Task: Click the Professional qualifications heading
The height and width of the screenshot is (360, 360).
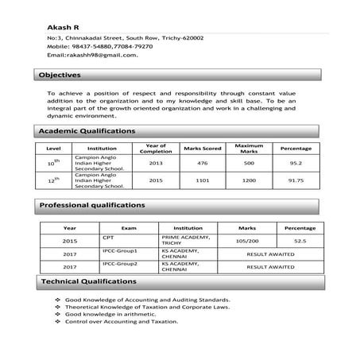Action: coord(92,205)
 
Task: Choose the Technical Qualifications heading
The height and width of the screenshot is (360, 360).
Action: coord(88,282)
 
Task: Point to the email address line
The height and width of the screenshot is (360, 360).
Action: coord(92,55)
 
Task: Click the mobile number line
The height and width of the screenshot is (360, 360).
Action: coord(100,46)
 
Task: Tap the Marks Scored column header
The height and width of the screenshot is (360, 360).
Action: coord(202,149)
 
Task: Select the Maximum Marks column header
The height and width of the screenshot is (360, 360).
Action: coord(249,149)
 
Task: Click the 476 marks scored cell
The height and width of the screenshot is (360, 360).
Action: coord(202,163)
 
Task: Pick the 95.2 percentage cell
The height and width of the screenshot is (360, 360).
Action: coord(296,163)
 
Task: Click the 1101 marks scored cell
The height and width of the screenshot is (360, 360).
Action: coord(202,180)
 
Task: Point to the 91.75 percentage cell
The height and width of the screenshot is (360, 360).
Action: coord(296,180)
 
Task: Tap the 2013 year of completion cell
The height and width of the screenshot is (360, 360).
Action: coord(155,163)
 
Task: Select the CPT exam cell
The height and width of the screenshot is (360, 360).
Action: coord(108,237)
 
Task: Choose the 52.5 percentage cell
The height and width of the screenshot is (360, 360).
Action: coord(300,240)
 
